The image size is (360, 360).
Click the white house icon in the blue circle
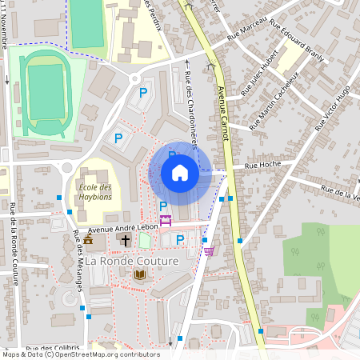pos(180,173)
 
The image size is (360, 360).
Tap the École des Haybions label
pos(95,193)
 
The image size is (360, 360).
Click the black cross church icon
pos(126,239)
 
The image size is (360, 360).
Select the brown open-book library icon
pos(140,274)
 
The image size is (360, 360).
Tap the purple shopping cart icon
pos(209,251)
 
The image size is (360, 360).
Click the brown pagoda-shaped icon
pos(88,239)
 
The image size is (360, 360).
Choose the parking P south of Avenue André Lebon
pos(180,239)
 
